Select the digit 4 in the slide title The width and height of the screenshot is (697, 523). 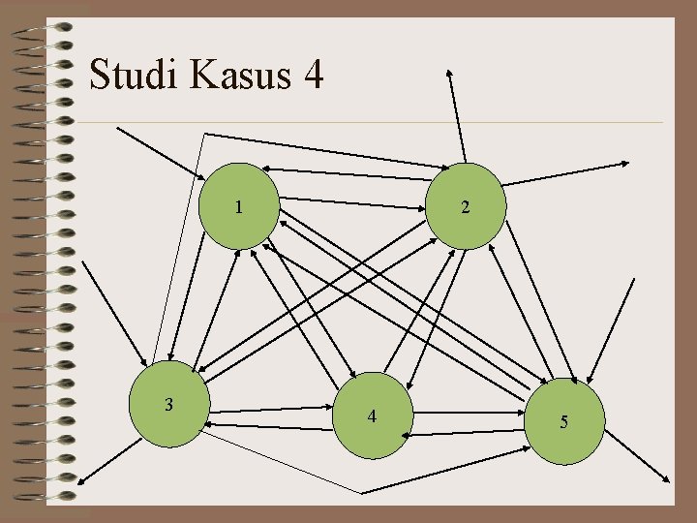click(312, 75)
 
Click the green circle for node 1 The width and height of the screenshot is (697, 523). click(239, 206)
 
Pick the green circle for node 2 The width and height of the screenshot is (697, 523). click(467, 206)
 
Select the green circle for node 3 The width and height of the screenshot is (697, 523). click(169, 406)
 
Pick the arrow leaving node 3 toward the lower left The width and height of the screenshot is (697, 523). click(107, 459)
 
